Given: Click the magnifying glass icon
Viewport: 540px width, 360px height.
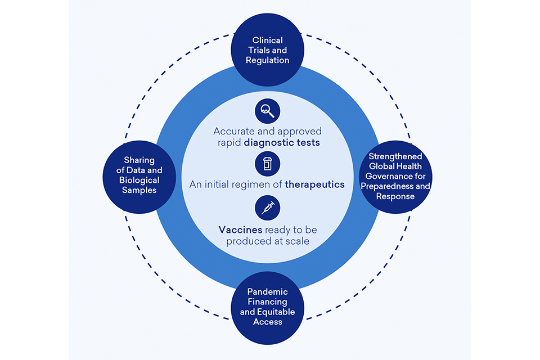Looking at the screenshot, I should [268, 111].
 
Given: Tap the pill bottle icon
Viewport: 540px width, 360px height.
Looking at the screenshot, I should [268, 164].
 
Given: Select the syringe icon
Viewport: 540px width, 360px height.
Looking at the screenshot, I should [268, 208].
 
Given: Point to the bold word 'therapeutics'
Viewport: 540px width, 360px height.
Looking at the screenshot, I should [314, 184].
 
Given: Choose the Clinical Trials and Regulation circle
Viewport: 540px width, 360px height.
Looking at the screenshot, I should [268, 50].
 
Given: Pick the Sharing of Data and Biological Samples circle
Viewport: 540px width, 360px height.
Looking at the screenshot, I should [139, 175].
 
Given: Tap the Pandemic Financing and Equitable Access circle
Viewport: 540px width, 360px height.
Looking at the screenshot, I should [268, 307].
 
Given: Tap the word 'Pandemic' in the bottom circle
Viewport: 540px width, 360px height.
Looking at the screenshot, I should [268, 292].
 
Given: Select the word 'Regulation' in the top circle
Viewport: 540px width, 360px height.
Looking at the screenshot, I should [268, 60].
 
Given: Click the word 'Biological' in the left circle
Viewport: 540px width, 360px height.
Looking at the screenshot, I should [139, 181].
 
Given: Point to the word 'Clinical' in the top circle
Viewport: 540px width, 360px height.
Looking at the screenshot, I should [268, 40].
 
